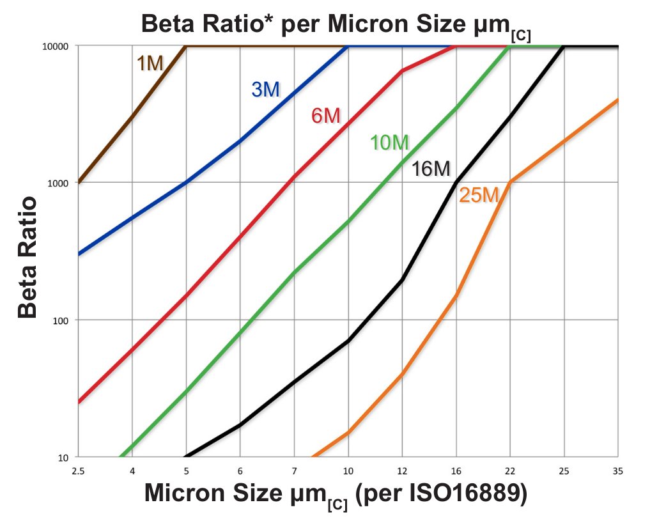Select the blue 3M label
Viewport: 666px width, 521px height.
tap(265, 89)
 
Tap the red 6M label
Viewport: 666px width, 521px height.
tap(326, 116)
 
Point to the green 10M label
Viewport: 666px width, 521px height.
tap(389, 143)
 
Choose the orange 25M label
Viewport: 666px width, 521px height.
tap(478, 196)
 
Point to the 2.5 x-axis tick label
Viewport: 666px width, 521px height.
tap(78, 470)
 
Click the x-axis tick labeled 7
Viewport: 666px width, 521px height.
tap(294, 470)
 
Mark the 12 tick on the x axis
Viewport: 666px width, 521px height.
tap(401, 470)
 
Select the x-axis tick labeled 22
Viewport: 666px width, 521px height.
tap(509, 470)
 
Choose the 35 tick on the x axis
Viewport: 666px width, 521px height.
tap(617, 470)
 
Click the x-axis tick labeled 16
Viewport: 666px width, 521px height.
tap(456, 470)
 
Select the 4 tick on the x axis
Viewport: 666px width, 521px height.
tap(132, 470)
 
